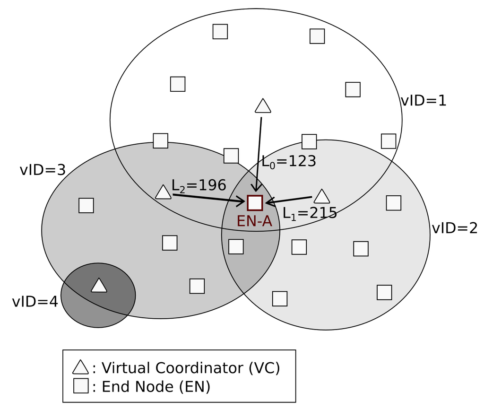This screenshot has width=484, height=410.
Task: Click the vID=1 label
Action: (423, 101)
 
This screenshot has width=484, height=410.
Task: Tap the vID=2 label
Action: (454, 228)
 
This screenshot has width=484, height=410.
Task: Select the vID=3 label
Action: (43, 170)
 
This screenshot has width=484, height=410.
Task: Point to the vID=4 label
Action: (35, 302)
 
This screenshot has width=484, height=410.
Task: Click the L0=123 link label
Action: (289, 162)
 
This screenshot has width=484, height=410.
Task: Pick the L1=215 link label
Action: (310, 213)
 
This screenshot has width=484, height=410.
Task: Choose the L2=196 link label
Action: (199, 185)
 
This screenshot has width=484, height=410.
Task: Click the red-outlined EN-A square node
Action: (255, 202)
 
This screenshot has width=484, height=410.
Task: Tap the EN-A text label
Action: (254, 221)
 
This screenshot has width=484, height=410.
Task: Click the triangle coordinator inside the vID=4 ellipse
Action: (99, 286)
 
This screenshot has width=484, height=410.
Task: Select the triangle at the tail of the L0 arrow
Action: (263, 106)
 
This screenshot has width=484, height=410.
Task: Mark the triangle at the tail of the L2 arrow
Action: (163, 192)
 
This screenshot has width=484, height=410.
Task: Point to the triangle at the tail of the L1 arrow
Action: (321, 196)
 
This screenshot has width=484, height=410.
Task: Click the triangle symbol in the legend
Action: (80, 367)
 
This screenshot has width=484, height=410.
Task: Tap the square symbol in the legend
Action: (81, 386)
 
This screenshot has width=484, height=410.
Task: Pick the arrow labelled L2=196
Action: (208, 198)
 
